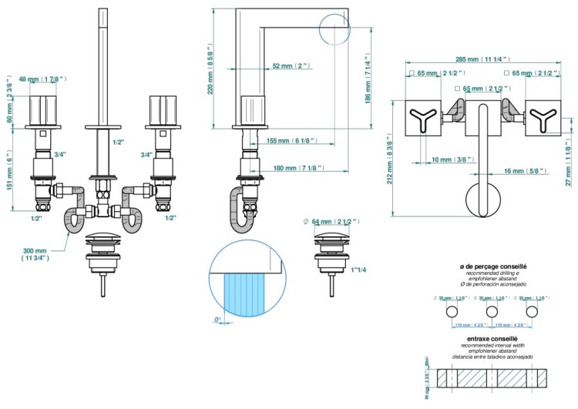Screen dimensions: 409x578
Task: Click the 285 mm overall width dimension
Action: [477, 59]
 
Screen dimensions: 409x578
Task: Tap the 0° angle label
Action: [218, 319]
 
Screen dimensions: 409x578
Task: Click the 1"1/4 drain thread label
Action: [358, 270]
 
